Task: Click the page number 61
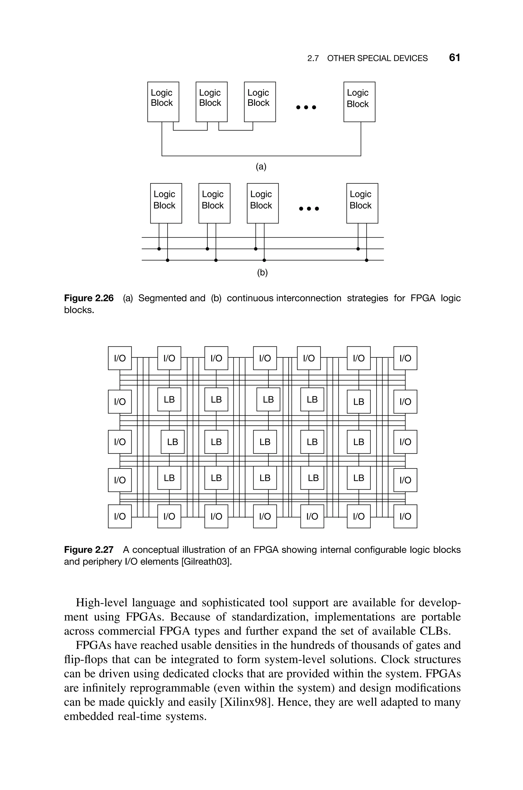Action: [x=454, y=58]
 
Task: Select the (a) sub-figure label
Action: [x=261, y=167]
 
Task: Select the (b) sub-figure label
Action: [x=262, y=273]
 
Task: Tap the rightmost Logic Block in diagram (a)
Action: [x=359, y=102]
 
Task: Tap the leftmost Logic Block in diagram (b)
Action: [x=166, y=203]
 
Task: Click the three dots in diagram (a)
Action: [x=306, y=107]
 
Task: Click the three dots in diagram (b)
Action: [x=309, y=209]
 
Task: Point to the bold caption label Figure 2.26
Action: [x=89, y=298]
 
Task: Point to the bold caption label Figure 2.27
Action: [x=89, y=550]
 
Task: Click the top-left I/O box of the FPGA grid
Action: [x=120, y=358]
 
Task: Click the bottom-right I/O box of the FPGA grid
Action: [x=405, y=516]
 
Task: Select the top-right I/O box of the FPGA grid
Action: [x=405, y=358]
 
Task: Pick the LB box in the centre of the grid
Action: [x=265, y=442]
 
